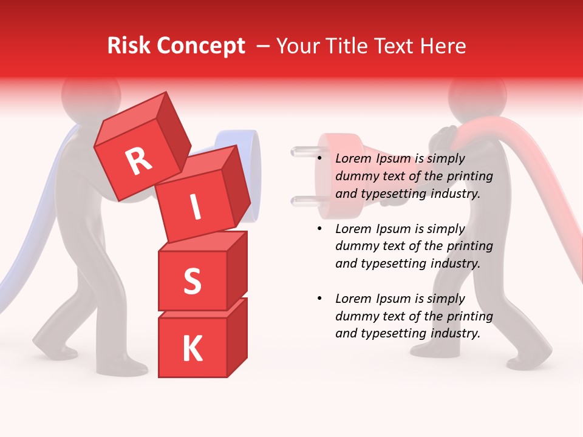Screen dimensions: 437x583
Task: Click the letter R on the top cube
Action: point(138,161)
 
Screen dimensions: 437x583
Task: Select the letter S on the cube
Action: point(192,282)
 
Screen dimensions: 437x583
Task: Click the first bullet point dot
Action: point(320,159)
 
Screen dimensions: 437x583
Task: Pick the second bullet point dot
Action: point(320,229)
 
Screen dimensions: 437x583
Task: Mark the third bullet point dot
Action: point(320,299)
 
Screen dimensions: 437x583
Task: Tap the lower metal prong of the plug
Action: point(302,201)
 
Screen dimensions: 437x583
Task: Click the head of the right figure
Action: point(476,97)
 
